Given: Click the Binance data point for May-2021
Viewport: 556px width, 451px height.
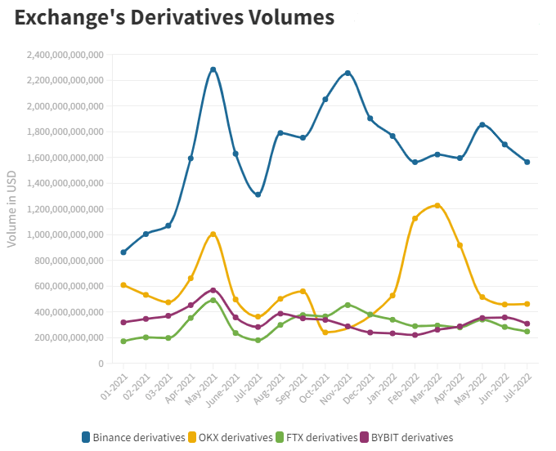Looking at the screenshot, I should pos(213,69).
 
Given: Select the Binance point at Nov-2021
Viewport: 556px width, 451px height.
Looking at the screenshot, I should pos(348,73).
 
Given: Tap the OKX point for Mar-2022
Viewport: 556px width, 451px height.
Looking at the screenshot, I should pos(437,205).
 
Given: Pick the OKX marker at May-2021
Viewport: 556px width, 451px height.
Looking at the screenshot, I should pos(213,234).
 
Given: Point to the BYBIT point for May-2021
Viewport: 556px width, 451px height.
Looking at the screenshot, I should pos(213,290).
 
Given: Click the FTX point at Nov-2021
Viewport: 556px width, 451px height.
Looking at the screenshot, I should pos(348,305).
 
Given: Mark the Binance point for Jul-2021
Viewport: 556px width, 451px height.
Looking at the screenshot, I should pos(258,194).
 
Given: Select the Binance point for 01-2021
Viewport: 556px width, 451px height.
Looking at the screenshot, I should pos(123,252).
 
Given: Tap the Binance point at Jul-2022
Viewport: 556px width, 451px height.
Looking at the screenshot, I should pos(527,162).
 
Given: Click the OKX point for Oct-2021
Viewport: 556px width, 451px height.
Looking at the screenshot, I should pos(325,333).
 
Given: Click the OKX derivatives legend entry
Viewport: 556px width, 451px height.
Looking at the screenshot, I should pos(231,438).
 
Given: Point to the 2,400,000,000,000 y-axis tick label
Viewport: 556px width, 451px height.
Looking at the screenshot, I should pos(65,55).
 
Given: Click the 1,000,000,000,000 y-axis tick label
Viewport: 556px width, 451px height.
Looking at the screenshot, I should pos(65,234).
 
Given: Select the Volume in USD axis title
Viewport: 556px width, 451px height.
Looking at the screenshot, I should pos(11,208).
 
